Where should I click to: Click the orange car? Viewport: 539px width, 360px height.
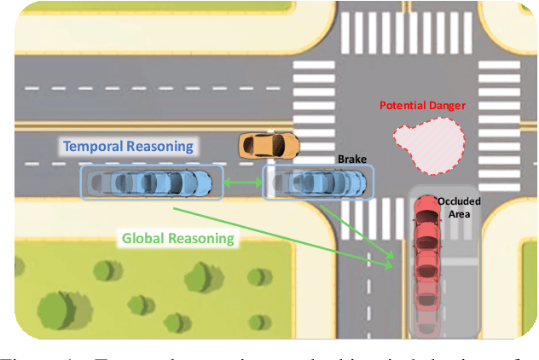(x=268, y=145)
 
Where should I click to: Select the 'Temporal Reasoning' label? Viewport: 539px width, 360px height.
(x=128, y=146)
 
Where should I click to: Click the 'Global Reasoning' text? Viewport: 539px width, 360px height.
(x=177, y=238)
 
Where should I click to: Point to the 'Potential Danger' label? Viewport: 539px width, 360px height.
(x=421, y=106)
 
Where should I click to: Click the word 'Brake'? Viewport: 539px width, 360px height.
(x=351, y=160)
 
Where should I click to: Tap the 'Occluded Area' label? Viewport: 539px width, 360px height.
(x=459, y=207)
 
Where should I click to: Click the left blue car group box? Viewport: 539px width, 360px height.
(x=151, y=183)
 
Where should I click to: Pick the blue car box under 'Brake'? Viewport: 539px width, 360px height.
(x=317, y=183)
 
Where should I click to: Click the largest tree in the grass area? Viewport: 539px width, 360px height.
(x=58, y=310)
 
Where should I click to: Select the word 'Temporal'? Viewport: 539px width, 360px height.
(x=93, y=146)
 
